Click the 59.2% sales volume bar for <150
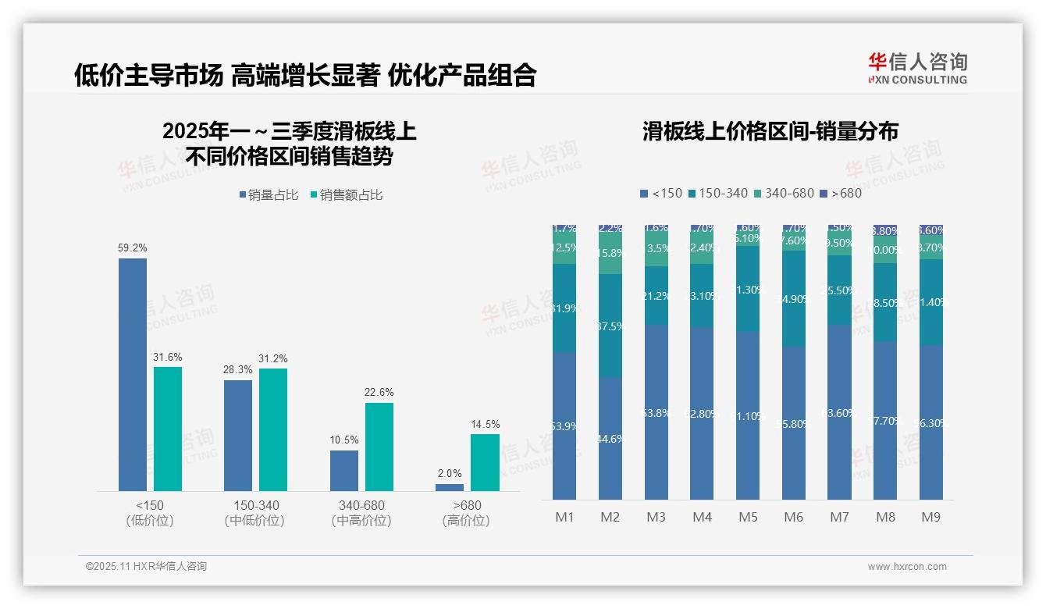133,375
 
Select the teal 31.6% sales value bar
168,429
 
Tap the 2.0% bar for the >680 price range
450,487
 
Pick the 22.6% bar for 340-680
379,447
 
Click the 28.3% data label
238,369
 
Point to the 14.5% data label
485,424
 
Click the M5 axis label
748,517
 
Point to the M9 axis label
930,517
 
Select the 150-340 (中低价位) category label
255,513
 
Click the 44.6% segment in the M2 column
610,439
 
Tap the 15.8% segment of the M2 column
610,253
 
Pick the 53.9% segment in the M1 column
564,426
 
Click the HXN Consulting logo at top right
917,69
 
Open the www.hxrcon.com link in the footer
906,567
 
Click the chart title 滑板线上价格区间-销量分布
770,130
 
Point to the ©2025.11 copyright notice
146,567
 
